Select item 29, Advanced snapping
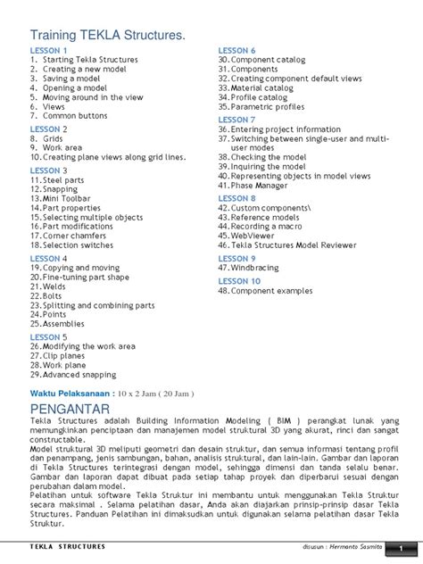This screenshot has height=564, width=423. point(73,375)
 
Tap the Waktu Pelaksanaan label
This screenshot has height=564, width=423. point(70,392)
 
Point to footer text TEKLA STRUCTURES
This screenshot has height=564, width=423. point(68,546)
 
